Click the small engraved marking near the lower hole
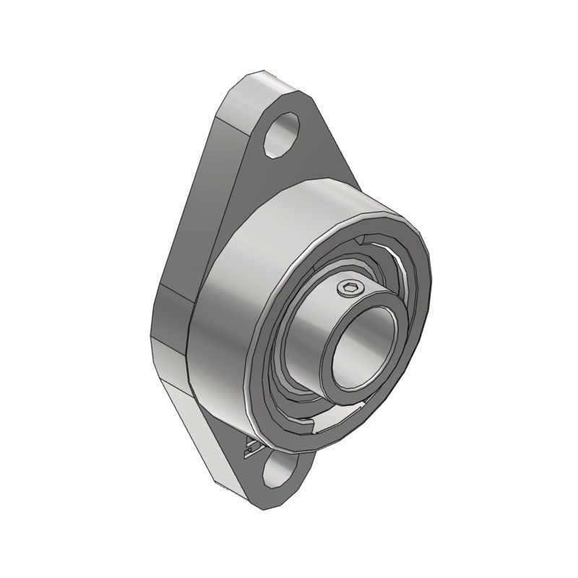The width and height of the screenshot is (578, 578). pos(250,447)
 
